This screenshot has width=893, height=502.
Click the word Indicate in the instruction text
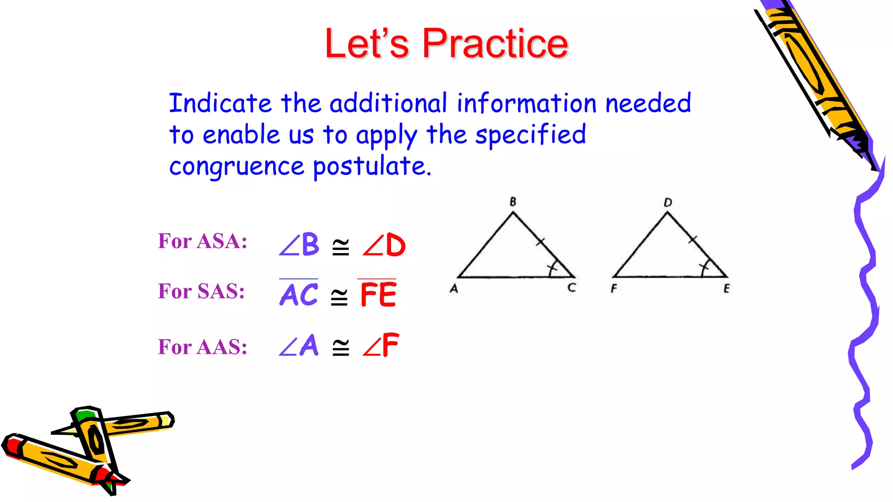(220, 104)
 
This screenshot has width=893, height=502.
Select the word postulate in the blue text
(372, 166)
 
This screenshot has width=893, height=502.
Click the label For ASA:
(203, 241)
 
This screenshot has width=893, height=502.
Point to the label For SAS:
(201, 291)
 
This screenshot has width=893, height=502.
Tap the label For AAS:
(203, 347)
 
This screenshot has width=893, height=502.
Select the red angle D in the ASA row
(384, 245)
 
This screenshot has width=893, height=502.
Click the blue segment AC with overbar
(299, 294)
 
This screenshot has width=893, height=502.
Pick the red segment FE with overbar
(378, 294)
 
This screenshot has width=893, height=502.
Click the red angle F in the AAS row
(381, 346)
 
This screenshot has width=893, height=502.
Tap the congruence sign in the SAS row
(339, 297)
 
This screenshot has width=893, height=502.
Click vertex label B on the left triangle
(513, 202)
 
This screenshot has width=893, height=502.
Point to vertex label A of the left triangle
(454, 288)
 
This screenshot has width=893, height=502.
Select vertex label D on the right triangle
(668, 202)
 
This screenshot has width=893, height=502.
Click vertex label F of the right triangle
(614, 288)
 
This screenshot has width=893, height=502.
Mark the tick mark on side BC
(540, 241)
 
